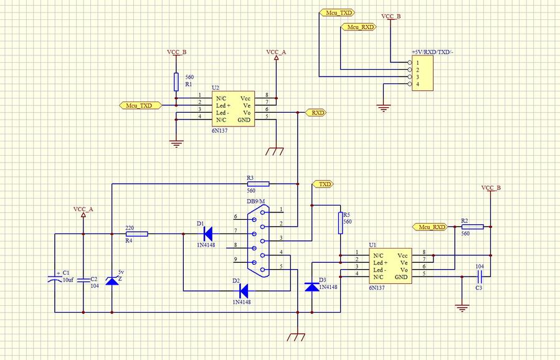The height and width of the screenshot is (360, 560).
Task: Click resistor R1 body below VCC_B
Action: coord(176,82)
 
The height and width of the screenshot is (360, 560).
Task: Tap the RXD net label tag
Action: coord(316,113)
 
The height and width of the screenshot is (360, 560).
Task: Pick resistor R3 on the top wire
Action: coord(258,184)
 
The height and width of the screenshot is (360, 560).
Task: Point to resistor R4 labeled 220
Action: coord(137,234)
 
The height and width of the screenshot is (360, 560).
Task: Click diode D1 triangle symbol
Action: coord(207,234)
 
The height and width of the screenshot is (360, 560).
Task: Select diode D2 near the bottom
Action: coord(244,290)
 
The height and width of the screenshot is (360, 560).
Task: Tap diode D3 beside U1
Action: coord(311,287)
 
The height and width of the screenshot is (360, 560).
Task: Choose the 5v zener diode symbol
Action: coord(112,281)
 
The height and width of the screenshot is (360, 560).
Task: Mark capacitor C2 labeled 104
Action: coord(83,280)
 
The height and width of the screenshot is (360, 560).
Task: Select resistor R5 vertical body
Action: coord(341,222)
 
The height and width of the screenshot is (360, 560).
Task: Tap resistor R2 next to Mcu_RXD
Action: coord(472,227)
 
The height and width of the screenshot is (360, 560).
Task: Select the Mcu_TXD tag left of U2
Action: coord(138,106)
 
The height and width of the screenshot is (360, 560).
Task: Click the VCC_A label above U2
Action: coord(276,53)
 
